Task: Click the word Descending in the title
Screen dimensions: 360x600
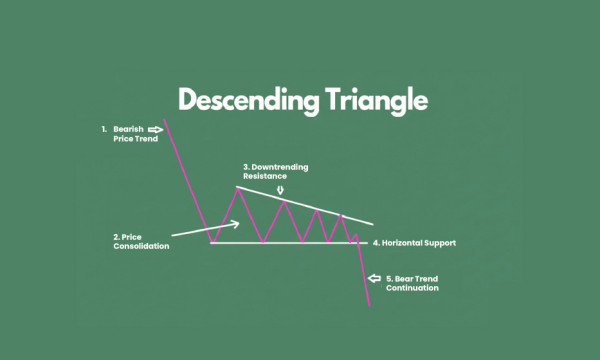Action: (242, 101)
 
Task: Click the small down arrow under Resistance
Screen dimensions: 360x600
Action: (281, 188)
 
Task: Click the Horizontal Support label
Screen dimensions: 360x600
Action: (421, 242)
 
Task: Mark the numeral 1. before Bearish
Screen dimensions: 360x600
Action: (103, 129)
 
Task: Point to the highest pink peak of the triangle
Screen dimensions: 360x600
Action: (237, 187)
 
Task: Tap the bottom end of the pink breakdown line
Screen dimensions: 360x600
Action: (369, 305)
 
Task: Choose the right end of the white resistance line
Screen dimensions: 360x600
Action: (374, 223)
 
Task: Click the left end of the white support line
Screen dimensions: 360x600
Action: (211, 242)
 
